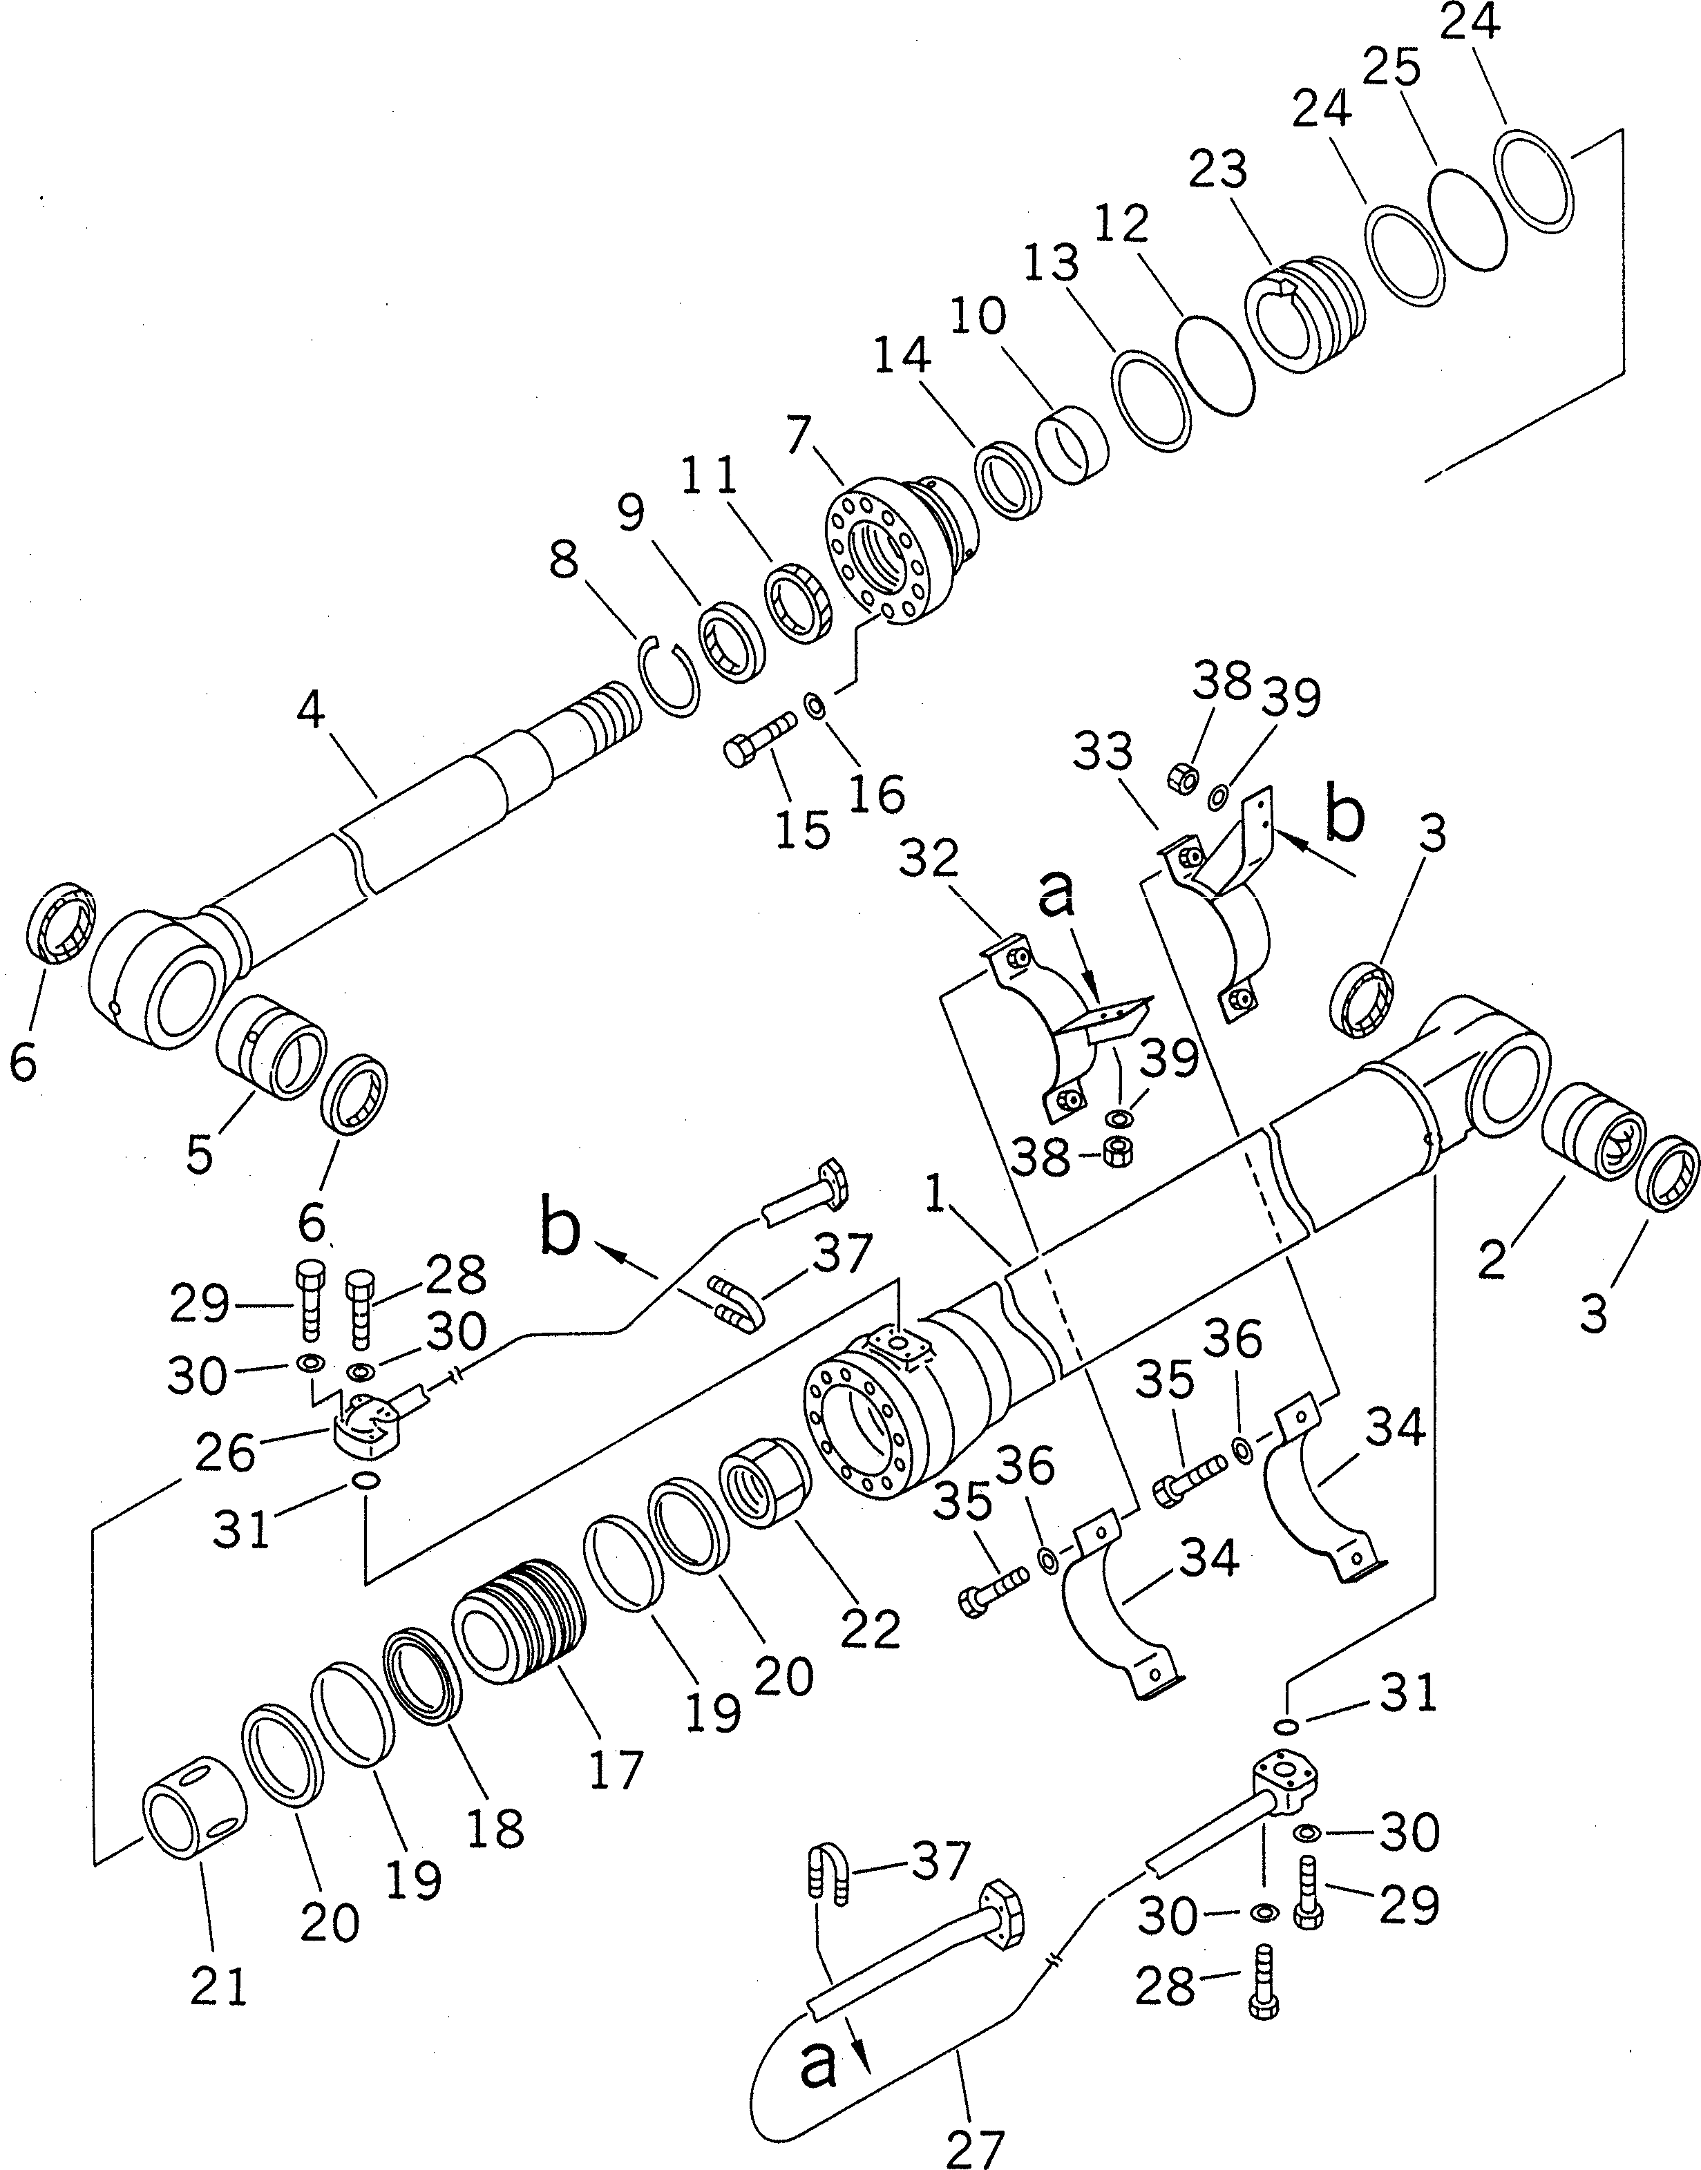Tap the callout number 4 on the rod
(312, 709)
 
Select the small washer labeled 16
(814, 706)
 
